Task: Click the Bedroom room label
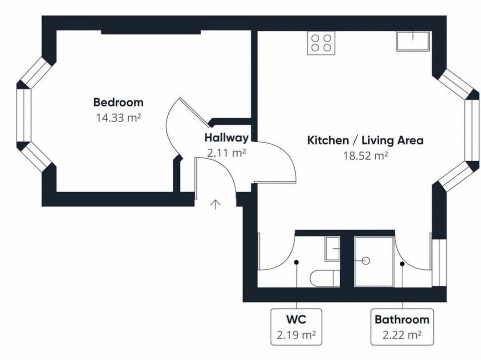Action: coord(118,102)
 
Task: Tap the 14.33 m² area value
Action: coord(118,118)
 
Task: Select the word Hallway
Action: coord(226,138)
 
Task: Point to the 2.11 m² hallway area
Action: coord(226,153)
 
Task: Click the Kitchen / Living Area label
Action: coord(365,140)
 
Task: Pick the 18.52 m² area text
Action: coord(365,156)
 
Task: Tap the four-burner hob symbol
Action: coord(321,43)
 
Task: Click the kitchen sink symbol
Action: coord(412,41)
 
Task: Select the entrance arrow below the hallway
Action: coord(215,204)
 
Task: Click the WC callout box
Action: coord(296,327)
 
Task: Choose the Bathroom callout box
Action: coord(402,327)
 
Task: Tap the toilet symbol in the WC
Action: coord(325,278)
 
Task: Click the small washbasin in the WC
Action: coord(333,249)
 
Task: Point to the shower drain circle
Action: coord(366,261)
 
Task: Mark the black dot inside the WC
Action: coord(296,262)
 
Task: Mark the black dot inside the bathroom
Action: coord(402,263)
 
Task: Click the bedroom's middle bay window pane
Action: coord(24,115)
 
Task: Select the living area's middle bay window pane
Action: coord(472,130)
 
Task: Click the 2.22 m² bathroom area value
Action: coord(402,335)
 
